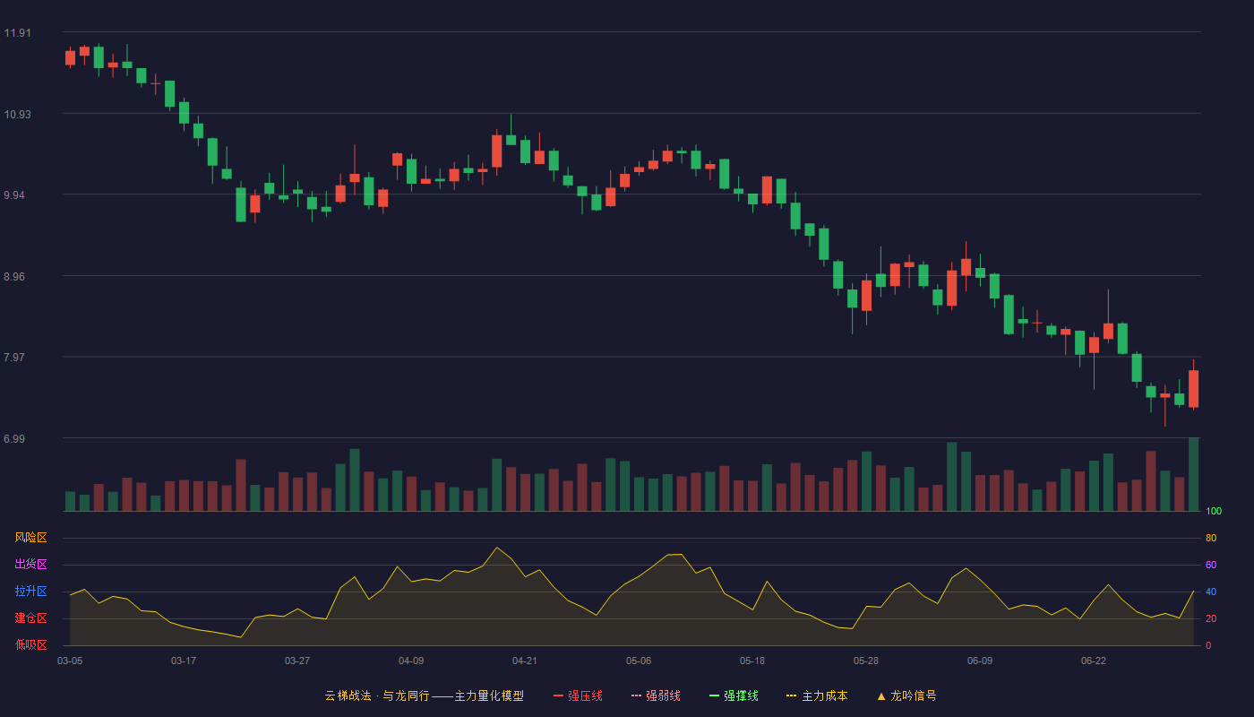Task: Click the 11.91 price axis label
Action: coord(17,33)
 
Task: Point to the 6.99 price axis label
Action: coord(14,438)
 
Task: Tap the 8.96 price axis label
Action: coord(14,277)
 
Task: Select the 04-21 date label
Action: coord(525,661)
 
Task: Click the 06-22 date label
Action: coord(1094,661)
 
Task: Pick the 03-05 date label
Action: coord(70,661)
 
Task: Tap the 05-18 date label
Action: coord(752,661)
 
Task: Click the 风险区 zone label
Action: coord(30,538)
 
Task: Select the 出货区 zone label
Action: coord(30,564)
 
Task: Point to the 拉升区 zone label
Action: coord(30,591)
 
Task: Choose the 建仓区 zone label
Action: coord(30,618)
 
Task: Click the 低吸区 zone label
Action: coord(30,644)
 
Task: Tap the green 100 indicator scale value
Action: coord(1214,511)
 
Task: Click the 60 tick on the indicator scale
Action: coord(1211,565)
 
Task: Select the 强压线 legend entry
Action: coord(578,695)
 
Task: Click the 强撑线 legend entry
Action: coord(734,695)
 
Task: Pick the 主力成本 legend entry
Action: coord(817,695)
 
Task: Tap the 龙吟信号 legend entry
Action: coord(906,695)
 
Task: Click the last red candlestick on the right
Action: coord(1193,388)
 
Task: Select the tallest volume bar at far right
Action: coord(1193,474)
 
